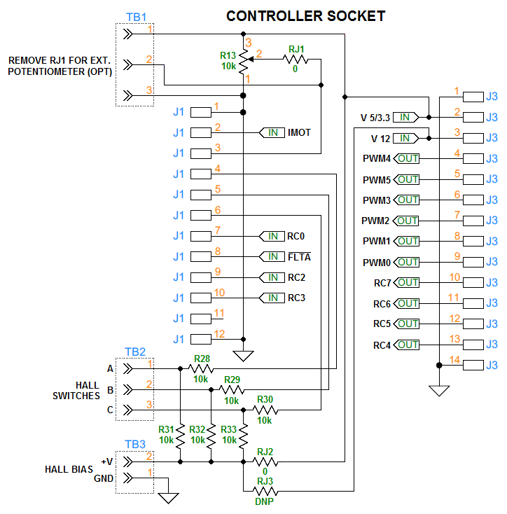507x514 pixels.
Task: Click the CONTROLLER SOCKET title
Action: click(x=305, y=15)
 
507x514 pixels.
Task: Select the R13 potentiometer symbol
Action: click(x=243, y=62)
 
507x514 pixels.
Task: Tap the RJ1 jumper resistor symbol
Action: click(x=296, y=60)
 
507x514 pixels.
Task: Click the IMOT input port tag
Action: click(x=272, y=132)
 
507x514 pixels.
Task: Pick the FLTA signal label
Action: click(x=299, y=256)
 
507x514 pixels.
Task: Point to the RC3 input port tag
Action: click(x=272, y=298)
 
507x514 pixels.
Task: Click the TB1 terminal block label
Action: click(x=135, y=16)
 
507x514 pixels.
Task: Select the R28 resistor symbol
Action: click(x=202, y=368)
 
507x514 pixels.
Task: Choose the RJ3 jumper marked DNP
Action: click(x=265, y=493)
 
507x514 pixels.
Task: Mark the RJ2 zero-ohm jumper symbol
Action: click(x=265, y=462)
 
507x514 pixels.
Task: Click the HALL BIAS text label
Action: click(x=67, y=469)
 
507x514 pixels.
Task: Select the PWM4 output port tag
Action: click(x=406, y=159)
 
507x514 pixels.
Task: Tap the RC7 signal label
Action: click(x=382, y=283)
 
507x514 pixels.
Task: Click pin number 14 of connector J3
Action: click(x=455, y=359)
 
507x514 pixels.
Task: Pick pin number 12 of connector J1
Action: click(x=219, y=334)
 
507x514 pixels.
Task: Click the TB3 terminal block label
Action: click(x=135, y=444)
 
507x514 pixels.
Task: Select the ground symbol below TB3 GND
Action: click(x=168, y=498)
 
